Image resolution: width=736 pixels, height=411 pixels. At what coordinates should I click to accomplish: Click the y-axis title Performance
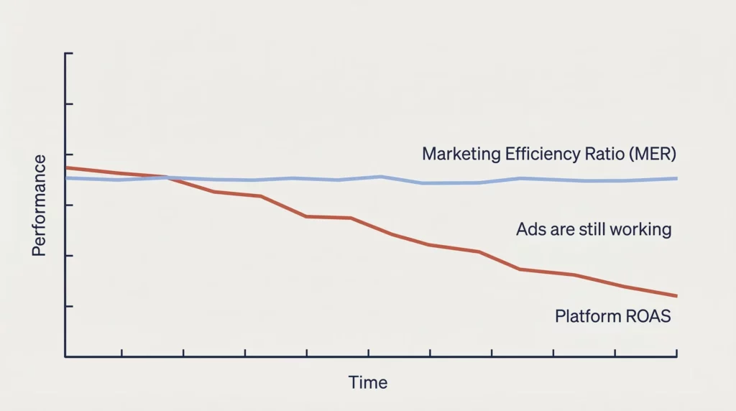click(39, 205)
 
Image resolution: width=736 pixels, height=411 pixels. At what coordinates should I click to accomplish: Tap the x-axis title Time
click(368, 382)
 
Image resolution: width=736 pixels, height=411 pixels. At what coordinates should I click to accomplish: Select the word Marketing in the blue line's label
click(456, 154)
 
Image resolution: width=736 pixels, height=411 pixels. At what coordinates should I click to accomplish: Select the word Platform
click(583, 316)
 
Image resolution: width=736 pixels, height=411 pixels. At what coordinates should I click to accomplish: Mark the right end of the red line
click(676, 296)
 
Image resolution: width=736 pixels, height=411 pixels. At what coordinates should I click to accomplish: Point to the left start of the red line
click(66, 167)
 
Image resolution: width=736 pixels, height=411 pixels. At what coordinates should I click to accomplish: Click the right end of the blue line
click(676, 178)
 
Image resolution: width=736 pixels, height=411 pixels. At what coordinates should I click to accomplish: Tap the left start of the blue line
click(66, 177)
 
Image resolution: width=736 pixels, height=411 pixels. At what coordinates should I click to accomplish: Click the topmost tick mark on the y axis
click(70, 54)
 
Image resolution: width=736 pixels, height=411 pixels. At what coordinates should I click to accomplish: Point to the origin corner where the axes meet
click(65, 356)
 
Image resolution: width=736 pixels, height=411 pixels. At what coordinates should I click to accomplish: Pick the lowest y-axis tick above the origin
click(70, 306)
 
